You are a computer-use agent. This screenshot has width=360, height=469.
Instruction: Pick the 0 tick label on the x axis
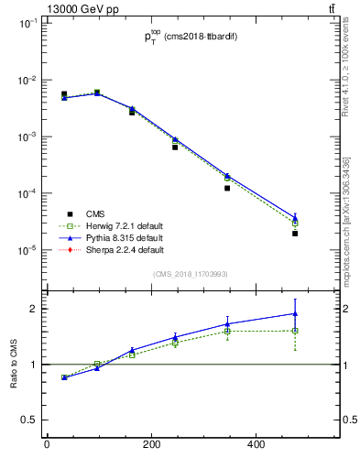click(x=47, y=445)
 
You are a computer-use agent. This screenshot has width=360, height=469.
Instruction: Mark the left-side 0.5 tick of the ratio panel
click(x=27, y=420)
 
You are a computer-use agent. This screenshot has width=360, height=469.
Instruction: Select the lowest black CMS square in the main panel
click(x=295, y=234)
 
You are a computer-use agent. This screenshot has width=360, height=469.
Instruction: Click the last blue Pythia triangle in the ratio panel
click(x=295, y=313)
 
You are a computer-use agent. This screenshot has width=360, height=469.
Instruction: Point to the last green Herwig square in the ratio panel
click(x=295, y=331)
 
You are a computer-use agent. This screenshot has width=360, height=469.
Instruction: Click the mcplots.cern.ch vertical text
click(x=349, y=220)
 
